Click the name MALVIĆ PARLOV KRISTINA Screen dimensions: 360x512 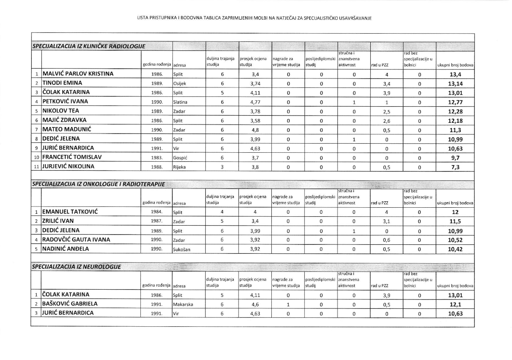[x=78, y=74]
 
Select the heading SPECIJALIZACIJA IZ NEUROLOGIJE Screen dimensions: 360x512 [x=77, y=267]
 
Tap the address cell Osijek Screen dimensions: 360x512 [x=180, y=84]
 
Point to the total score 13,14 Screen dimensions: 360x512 [x=455, y=84]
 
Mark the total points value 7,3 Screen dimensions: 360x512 [x=455, y=167]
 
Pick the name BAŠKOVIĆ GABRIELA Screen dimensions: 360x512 [x=70, y=304]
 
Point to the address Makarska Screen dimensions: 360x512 [x=183, y=305]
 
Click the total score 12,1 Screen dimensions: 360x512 [x=455, y=305]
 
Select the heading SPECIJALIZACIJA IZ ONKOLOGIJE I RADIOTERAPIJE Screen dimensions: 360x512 [x=98, y=184]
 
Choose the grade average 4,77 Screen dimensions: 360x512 [x=255, y=102]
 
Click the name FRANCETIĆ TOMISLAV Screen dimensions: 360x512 [x=72, y=157]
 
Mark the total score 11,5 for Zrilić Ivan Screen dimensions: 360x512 [x=455, y=221]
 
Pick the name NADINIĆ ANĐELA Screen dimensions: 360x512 [x=67, y=249]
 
